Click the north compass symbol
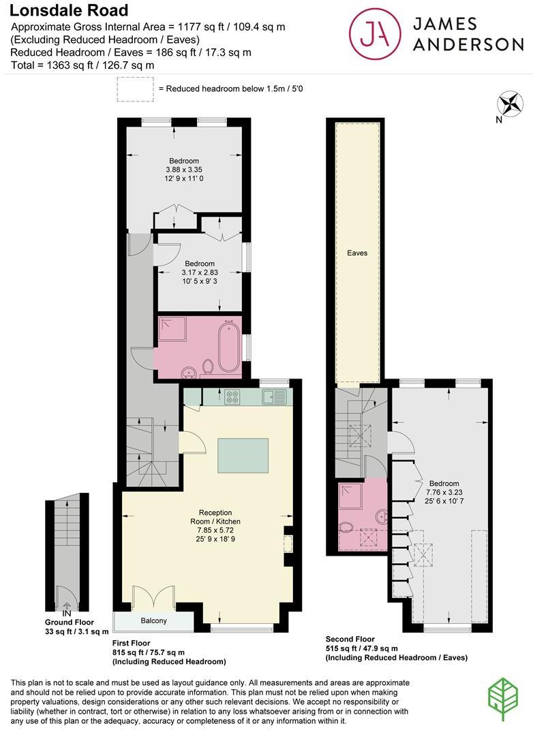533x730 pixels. coord(511,105)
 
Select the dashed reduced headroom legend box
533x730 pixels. coord(135,89)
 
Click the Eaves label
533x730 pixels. coord(356,253)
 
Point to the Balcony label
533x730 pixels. coord(153,621)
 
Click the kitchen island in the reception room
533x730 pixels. coord(243,455)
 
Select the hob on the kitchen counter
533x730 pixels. coord(232,396)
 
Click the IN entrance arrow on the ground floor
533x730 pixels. coord(67,606)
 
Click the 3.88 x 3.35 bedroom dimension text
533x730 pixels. coord(184,170)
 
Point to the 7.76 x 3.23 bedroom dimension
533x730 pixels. coord(443,492)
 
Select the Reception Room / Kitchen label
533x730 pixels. coord(215,517)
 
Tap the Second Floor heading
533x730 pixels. coord(351,639)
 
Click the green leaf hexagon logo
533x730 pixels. coord(504,699)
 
